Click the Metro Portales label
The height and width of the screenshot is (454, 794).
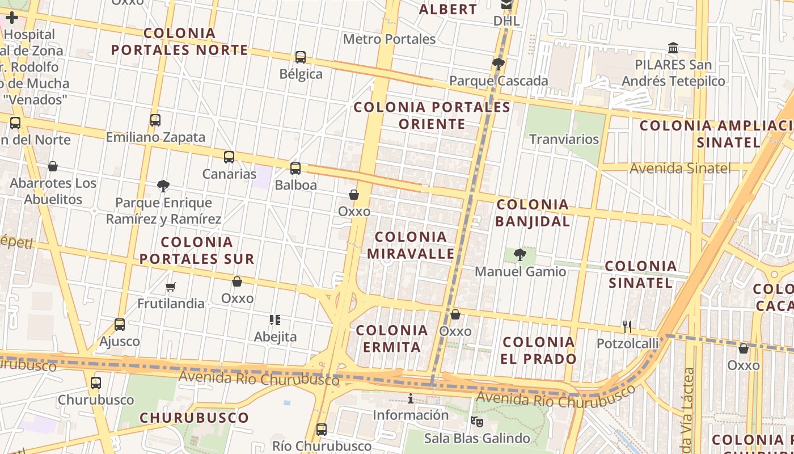coord(389,39)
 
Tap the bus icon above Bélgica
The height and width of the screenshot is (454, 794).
coord(301,57)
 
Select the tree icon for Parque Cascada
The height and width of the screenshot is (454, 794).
coord(499,64)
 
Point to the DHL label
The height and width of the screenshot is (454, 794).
coord(506,21)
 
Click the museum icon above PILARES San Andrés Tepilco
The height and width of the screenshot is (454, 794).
coord(673,48)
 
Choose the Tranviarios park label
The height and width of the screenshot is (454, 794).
coord(564,139)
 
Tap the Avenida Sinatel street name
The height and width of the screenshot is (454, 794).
coord(680,168)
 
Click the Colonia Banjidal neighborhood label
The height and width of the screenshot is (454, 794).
coord(533,213)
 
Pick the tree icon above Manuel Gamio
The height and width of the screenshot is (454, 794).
coord(520,255)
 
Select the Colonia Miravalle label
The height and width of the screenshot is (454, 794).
coord(411,245)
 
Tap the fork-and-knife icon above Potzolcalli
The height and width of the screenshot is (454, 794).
coord(627,326)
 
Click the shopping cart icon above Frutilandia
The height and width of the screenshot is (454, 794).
coord(171,287)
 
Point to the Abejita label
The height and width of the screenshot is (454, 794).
coord(275,337)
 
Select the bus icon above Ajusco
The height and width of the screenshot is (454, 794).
coord(120,325)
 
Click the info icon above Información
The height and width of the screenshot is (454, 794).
coord(411,399)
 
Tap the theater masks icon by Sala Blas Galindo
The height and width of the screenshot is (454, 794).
coord(476,421)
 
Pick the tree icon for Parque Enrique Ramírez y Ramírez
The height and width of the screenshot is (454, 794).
coord(163,186)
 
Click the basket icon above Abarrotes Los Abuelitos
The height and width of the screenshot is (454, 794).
coord(53,166)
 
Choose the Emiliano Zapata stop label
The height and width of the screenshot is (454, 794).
coord(155,137)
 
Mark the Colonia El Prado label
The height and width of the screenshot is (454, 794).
coord(539,350)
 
